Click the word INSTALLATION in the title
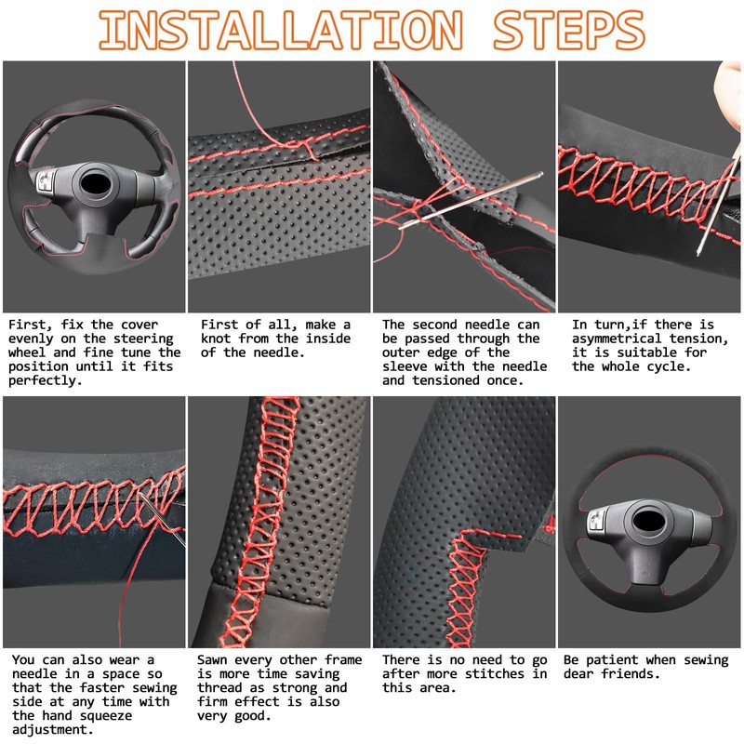coord(281,31)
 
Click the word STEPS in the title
coord(569,31)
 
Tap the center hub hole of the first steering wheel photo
coord(97,183)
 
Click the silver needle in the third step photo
coord(471,201)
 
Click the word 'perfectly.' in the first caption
coord(45,380)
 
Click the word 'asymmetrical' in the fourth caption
coord(617,339)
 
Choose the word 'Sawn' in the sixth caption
coord(212,660)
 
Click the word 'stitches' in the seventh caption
coord(495,673)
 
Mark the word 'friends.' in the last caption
coord(631,673)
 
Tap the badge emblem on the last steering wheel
coord(596,521)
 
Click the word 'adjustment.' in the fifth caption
coord(53,730)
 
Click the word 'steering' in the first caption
coord(143,339)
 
